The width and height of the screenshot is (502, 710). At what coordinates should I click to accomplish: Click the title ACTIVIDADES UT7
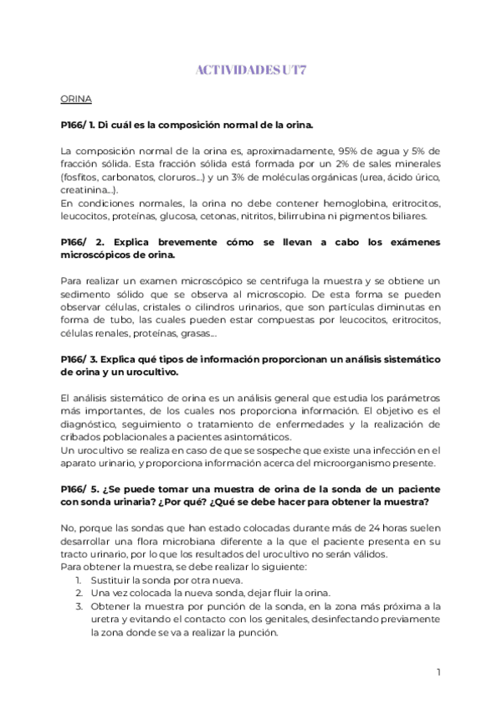(250, 72)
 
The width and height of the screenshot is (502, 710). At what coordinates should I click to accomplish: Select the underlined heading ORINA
(76, 99)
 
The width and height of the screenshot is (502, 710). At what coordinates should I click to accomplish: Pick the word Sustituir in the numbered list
(112, 579)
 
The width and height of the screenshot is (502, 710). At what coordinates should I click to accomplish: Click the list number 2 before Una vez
(78, 593)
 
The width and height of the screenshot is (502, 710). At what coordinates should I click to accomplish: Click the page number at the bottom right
(438, 671)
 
